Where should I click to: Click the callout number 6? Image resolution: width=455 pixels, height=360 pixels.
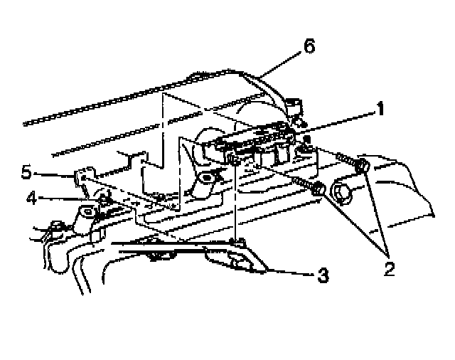coord(308,47)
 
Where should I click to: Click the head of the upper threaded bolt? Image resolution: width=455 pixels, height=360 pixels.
coord(361,166)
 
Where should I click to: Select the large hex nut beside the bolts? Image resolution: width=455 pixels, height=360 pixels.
coord(339,194)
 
